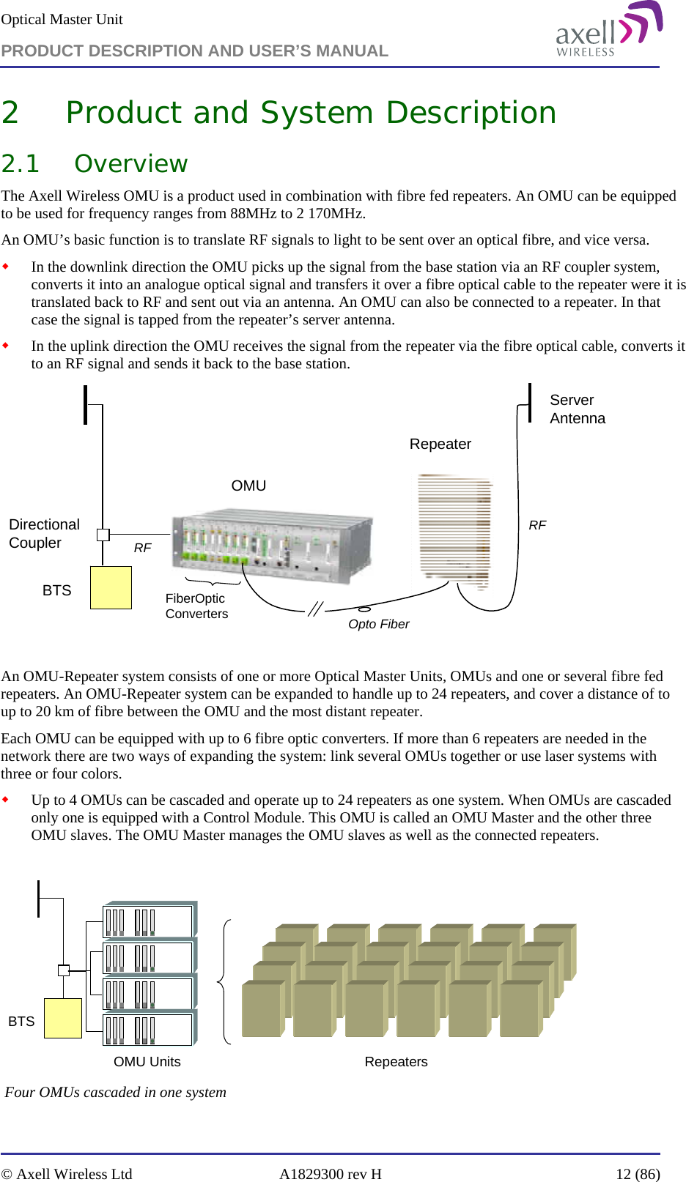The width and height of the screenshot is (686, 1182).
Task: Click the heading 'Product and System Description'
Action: [x=311, y=113]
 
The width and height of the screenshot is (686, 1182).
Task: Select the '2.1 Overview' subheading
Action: [x=95, y=163]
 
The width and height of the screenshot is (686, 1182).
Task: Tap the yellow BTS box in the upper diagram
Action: [x=111, y=587]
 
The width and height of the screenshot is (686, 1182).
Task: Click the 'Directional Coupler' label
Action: [x=44, y=534]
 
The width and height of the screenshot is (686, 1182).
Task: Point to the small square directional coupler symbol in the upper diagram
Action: [x=103, y=535]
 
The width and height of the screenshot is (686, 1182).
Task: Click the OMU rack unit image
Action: [x=272, y=546]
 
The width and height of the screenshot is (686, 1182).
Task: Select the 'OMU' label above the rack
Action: [x=248, y=486]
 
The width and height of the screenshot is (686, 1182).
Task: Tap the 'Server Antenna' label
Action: [x=577, y=409]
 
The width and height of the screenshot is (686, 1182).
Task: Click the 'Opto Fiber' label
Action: [x=378, y=624]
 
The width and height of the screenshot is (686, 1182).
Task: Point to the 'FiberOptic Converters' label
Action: [x=196, y=606]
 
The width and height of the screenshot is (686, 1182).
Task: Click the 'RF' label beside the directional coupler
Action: [x=142, y=548]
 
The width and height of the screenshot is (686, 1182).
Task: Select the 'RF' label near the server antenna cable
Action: [x=537, y=525]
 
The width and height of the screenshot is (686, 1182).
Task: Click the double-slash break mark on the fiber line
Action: [x=315, y=609]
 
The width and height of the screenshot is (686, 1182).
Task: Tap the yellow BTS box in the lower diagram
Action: [x=63, y=1018]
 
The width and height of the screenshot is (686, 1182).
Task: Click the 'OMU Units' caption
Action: [x=147, y=1062]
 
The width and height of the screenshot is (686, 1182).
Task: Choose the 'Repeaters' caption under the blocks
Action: [x=396, y=1062]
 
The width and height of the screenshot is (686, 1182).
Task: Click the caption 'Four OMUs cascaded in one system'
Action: [x=116, y=1092]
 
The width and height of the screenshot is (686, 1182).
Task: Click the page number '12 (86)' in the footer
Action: [x=638, y=1174]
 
